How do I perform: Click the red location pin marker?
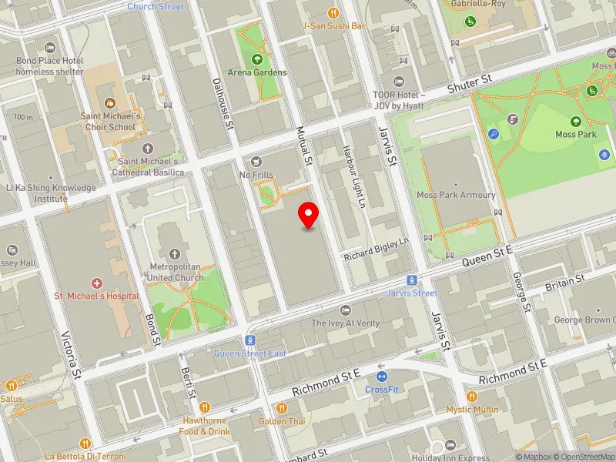click(x=309, y=215)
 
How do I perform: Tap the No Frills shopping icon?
click(x=256, y=161)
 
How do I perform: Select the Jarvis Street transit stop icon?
click(x=413, y=280)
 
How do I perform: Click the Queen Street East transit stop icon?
click(x=250, y=340)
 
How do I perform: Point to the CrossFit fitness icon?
click(x=382, y=377)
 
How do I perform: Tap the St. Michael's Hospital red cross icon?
click(x=96, y=283)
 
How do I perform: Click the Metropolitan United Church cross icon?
click(x=175, y=253)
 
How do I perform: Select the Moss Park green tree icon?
click(x=575, y=121)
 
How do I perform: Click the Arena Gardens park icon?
click(x=257, y=59)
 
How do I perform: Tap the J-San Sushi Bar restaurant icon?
click(x=333, y=12)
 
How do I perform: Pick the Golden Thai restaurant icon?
click(x=282, y=408)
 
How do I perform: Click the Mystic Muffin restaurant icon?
click(x=472, y=396)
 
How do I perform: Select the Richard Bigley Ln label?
click(x=377, y=248)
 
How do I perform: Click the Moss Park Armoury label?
click(x=456, y=195)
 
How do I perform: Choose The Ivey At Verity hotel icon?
click(x=346, y=310)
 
